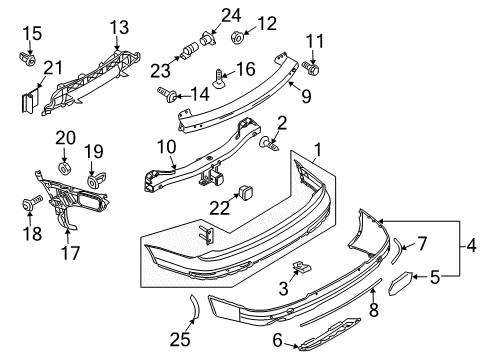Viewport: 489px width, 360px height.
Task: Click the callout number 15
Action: coord(32,34)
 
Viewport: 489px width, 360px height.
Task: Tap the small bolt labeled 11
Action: coord(311,68)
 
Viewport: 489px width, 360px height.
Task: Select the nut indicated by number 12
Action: coord(237,37)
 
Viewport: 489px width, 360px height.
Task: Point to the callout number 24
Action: coord(231,15)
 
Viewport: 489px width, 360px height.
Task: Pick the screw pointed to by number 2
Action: coord(269,144)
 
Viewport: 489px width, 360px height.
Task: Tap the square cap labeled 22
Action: coord(245,192)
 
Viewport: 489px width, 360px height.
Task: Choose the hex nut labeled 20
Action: coord(64,168)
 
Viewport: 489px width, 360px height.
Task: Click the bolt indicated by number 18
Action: coord(32,203)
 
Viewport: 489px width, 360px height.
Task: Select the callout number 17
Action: coord(71,253)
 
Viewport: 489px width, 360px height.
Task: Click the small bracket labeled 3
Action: coord(301,266)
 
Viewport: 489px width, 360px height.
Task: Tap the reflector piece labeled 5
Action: coord(400,283)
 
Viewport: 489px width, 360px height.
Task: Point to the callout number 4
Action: coord(471,247)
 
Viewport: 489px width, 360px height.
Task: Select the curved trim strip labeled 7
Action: coord(397,250)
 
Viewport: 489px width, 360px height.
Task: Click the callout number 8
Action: coord(374,309)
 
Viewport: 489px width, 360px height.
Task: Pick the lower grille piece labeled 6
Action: coord(329,334)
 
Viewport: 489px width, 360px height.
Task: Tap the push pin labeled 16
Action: coord(218,79)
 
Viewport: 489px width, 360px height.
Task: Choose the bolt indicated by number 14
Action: coord(167,94)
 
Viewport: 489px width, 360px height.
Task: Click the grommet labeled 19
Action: coord(95,180)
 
